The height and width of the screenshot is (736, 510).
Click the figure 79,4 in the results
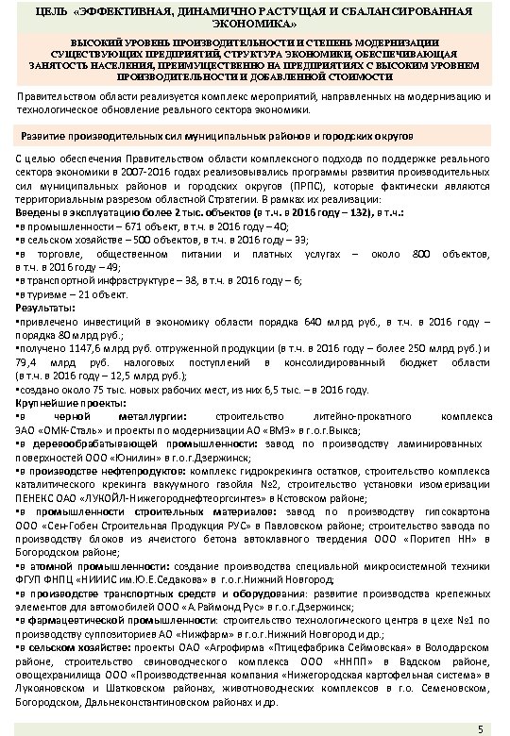30,362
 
